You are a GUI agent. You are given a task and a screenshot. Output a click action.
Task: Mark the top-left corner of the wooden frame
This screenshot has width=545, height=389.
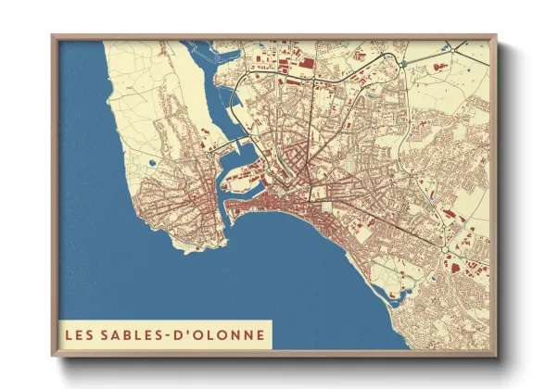coord(54,37)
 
